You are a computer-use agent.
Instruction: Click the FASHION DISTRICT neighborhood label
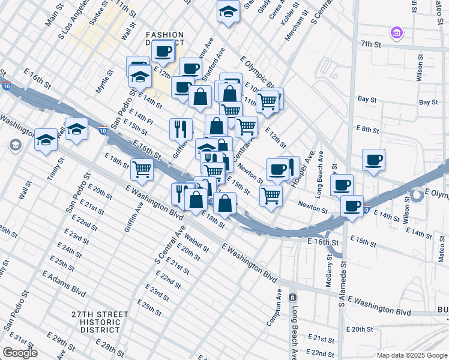[163, 40]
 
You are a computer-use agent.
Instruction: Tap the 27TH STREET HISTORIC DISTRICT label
[99, 322]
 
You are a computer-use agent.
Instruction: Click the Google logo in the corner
[20, 353]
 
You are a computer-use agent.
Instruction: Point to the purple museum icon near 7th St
[396, 32]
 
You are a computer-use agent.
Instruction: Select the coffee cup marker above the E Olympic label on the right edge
[373, 161]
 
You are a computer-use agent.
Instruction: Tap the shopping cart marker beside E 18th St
[142, 169]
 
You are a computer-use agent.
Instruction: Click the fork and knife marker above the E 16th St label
[181, 128]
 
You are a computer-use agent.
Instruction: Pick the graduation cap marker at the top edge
[228, 12]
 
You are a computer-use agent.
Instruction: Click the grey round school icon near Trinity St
[15, 145]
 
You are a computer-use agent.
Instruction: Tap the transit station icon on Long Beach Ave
[292, 298]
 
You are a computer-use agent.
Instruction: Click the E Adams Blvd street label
[64, 281]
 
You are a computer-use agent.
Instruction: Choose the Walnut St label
[196, 240]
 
